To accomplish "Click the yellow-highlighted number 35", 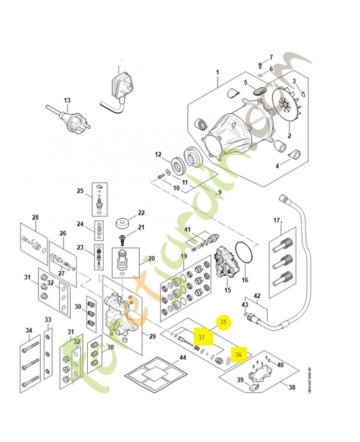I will point(223,322).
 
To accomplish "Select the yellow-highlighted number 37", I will point(202,336).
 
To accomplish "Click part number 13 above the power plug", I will point(67,101).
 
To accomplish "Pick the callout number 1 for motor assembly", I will point(218,72).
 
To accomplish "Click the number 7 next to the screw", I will point(271,57).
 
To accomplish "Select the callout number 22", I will point(141,213).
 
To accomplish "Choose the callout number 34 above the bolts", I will point(29,330).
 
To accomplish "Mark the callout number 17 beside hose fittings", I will point(277,221).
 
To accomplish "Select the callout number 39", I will point(241,380).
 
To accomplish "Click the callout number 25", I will point(80,191).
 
